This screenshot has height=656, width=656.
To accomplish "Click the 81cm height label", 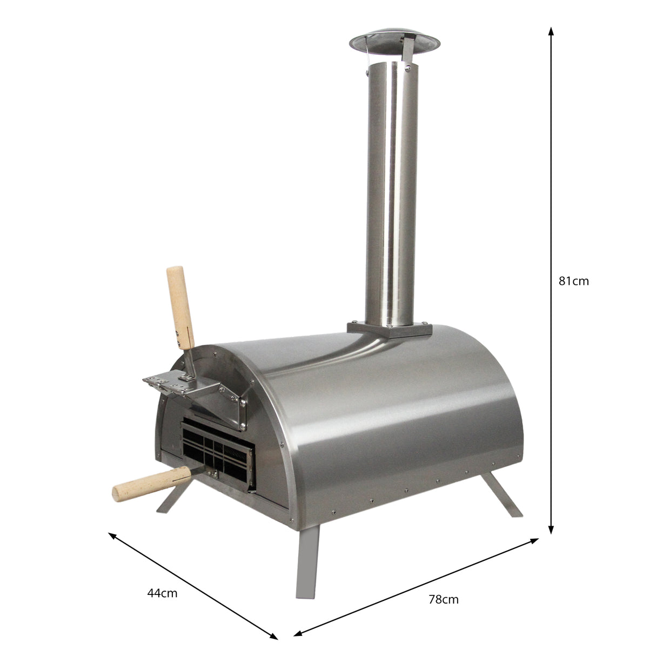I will (x=573, y=281).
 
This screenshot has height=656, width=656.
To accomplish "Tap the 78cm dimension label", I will (x=443, y=599).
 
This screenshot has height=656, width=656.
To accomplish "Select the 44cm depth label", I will (x=162, y=593).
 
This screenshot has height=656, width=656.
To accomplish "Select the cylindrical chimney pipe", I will (x=391, y=195).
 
